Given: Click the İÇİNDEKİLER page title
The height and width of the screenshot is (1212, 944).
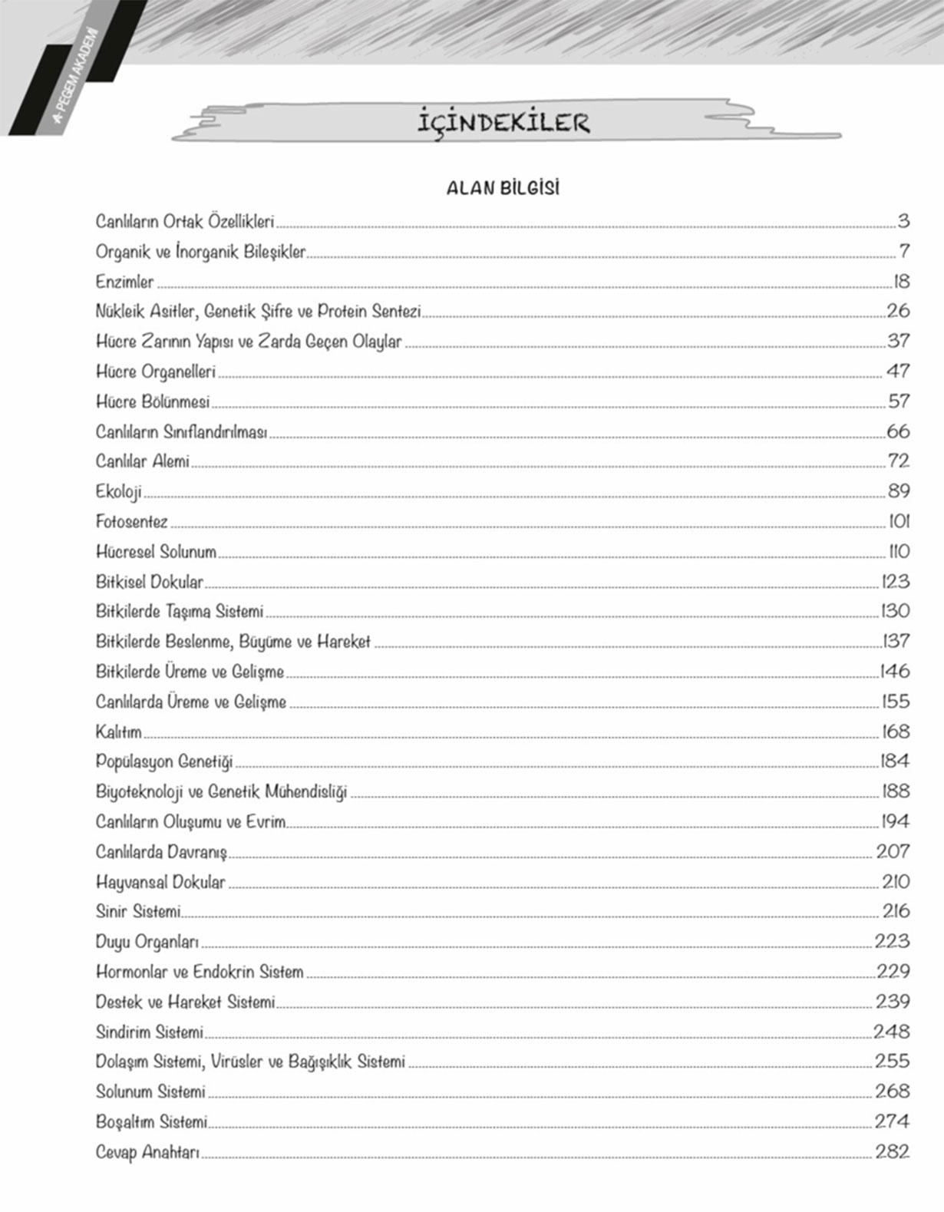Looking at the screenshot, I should coord(503,123).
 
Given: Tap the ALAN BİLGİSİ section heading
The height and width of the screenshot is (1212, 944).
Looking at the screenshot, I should coord(503,188).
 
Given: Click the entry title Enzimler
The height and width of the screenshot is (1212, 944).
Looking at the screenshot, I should coord(124,282).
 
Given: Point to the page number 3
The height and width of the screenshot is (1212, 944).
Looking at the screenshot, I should coord(903,221).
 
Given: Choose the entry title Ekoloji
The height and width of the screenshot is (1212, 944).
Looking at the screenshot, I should coord(118,491).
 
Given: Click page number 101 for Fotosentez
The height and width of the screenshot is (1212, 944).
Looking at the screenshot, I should coord(899,521).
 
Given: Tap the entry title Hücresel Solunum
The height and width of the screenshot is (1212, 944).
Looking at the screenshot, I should coord(156,552).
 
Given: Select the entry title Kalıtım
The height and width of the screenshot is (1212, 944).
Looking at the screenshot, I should coord(118,732).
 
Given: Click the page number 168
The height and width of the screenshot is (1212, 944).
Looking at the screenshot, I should coord(896,731).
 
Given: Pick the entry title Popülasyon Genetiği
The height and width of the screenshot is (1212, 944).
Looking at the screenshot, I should coord(164,762).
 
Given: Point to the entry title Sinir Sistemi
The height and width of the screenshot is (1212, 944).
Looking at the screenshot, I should coord(138,912).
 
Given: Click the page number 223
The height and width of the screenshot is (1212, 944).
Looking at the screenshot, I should coord(892,941).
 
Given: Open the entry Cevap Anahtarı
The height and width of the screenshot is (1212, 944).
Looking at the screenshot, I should coord(147,1152).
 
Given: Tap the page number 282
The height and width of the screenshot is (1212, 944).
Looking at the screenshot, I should coord(892,1151).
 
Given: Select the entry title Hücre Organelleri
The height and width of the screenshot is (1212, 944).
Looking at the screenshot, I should coord(156,372).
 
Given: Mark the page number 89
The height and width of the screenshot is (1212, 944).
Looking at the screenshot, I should coord(898,491).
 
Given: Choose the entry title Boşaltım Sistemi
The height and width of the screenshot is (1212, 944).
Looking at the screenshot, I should coord(151,1122).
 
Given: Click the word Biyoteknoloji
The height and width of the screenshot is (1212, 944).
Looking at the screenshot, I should coord(139,792).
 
